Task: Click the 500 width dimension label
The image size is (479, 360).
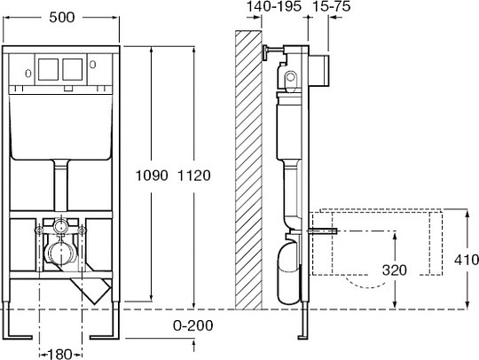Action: (x=62, y=18)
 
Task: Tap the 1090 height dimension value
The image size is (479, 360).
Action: (x=152, y=176)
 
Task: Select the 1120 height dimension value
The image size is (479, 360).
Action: (x=194, y=176)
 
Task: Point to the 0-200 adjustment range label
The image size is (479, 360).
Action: (x=193, y=325)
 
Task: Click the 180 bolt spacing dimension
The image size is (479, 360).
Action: (x=60, y=354)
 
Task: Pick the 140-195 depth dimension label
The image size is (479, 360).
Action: (x=274, y=6)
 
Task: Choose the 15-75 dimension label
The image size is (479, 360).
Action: (x=332, y=6)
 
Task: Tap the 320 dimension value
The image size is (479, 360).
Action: (x=395, y=270)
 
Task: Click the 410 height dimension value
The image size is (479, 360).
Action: (x=467, y=260)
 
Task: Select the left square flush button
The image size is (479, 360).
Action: (x=48, y=69)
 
